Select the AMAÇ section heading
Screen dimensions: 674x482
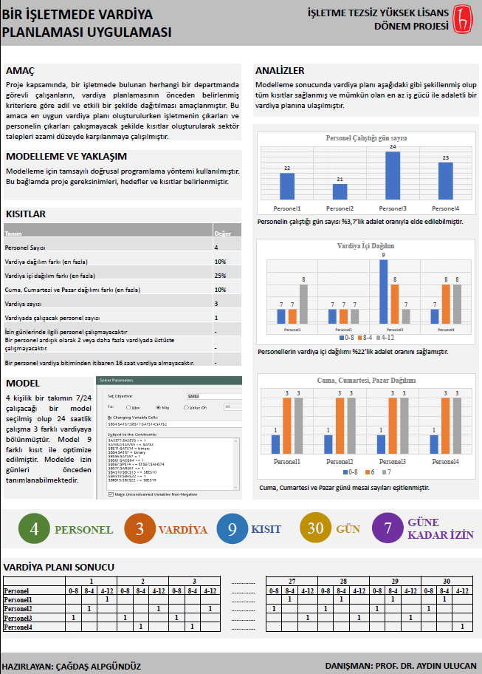coord(20,71)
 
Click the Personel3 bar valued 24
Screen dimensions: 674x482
coord(392,176)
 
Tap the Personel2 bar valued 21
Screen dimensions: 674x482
coord(340,191)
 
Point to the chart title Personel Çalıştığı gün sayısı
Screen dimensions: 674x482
coord(366,138)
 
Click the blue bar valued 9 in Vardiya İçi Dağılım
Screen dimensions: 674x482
coord(383,291)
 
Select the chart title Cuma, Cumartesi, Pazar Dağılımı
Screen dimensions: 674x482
coord(366,381)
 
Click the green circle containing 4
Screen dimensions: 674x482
coord(34,529)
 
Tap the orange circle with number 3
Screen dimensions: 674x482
coord(140,529)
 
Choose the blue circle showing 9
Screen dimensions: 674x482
coord(233,529)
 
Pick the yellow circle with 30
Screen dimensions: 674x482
coord(315,529)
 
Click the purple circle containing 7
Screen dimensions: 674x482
coord(388,529)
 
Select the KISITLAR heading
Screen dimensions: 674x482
coord(26,214)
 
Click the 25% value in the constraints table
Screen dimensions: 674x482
coord(220,275)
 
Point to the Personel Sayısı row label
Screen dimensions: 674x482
coord(25,247)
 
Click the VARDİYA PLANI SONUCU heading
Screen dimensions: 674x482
coord(59,567)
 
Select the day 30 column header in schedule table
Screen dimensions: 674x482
coord(446,582)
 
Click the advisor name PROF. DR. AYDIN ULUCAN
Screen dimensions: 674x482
coord(425,666)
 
